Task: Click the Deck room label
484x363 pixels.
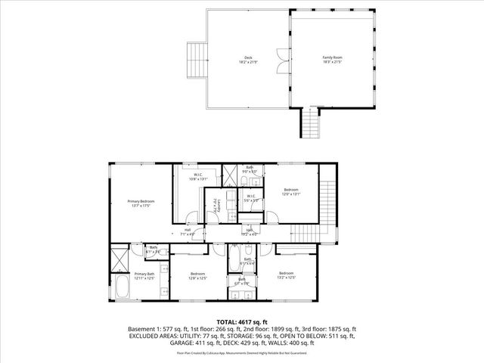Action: point(247,59)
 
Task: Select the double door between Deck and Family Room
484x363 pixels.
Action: point(282,60)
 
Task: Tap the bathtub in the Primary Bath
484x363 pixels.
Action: point(121,290)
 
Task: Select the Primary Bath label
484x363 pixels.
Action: point(144,276)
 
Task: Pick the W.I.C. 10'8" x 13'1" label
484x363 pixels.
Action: point(197,177)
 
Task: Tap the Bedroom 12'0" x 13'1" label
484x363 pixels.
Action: point(291,191)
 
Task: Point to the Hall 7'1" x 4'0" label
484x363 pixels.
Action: point(188,232)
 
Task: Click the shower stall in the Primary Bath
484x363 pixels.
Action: point(119,259)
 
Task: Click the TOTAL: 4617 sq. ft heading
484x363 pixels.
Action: point(242,321)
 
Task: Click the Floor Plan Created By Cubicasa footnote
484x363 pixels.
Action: point(242,352)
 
